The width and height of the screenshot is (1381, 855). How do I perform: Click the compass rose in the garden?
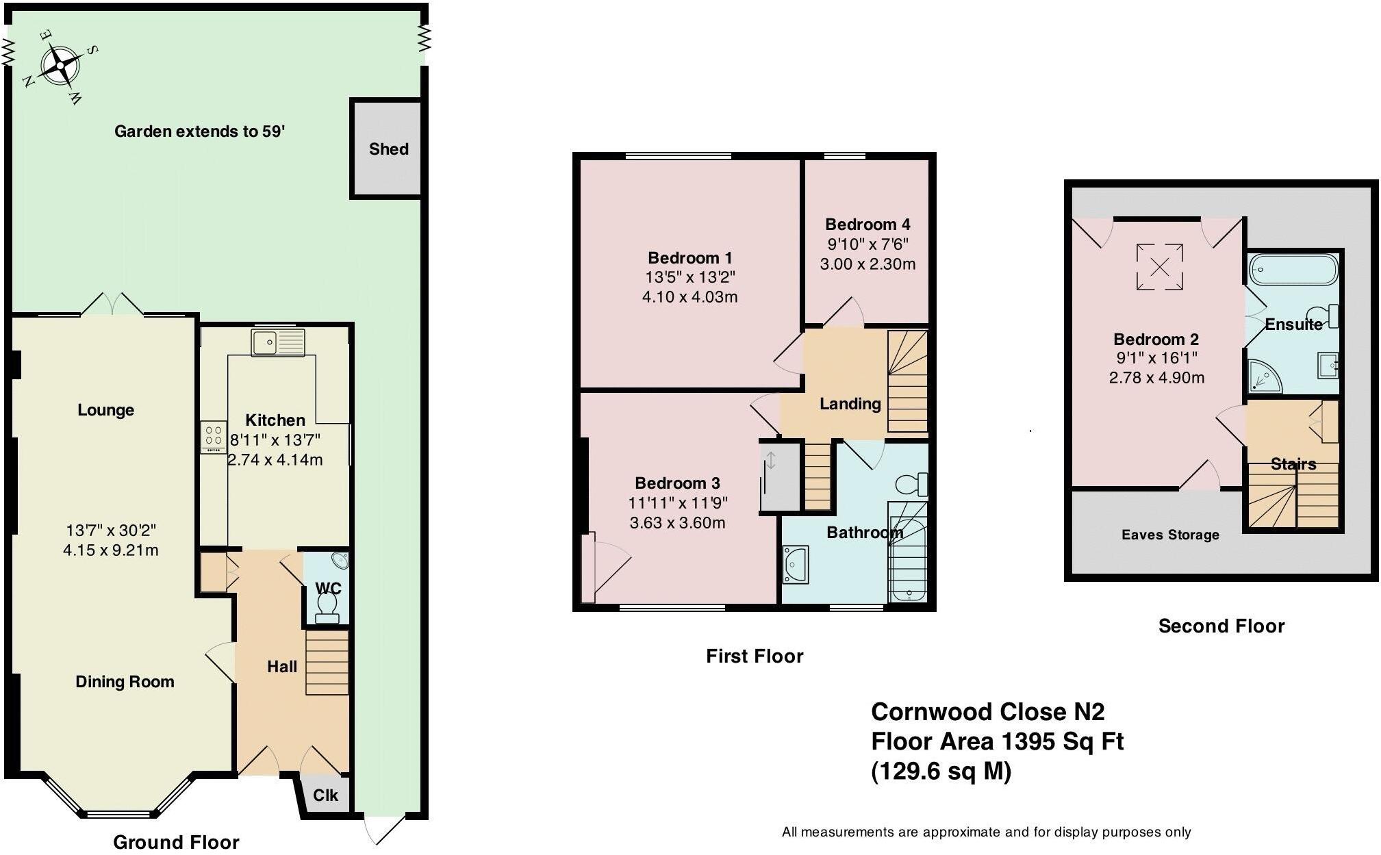point(60,66)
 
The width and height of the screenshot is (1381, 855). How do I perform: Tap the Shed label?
point(388,149)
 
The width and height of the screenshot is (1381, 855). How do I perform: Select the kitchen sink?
point(278,342)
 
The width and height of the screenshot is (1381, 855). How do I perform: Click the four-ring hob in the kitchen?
point(214,436)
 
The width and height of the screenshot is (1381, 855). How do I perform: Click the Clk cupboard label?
point(325,795)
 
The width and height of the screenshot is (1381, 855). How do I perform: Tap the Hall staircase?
point(327,663)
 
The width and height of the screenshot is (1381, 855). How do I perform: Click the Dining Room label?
point(125,682)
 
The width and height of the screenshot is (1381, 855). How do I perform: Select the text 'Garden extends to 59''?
point(199,131)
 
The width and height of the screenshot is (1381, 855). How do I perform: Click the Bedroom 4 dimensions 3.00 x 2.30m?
point(867,264)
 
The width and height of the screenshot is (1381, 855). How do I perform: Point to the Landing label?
point(850,404)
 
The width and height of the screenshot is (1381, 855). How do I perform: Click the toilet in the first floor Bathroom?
point(911,484)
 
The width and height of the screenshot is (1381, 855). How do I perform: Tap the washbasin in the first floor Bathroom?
point(796,565)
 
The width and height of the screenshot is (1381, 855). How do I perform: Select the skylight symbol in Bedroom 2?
point(1159,267)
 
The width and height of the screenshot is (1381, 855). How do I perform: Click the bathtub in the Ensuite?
point(1292,270)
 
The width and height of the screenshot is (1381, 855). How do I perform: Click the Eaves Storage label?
point(1170,535)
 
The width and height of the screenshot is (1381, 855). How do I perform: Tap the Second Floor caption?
point(1221,626)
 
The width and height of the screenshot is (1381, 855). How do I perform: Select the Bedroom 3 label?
point(676,483)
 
